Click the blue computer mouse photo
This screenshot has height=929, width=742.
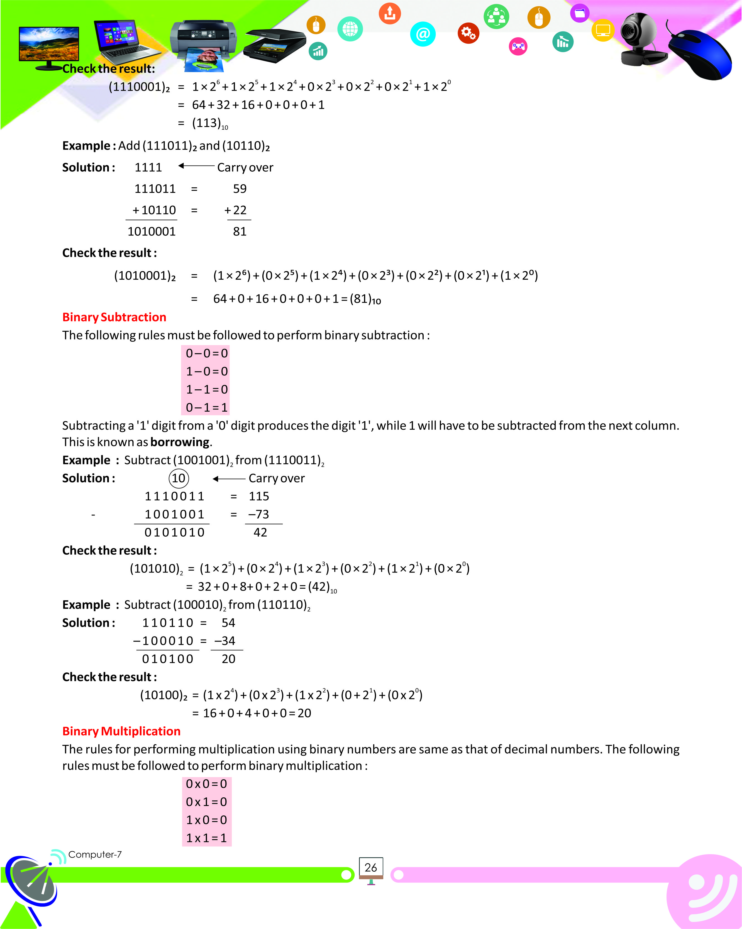click(700, 54)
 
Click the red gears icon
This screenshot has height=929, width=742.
click(468, 33)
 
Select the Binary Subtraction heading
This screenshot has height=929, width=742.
click(114, 317)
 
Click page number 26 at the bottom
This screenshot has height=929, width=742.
click(370, 867)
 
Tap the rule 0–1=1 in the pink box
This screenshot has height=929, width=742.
click(206, 407)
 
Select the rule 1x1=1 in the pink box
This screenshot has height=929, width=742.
click(206, 838)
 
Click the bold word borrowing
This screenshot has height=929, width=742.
click(180, 442)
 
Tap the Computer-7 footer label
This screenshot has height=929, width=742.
click(95, 854)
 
